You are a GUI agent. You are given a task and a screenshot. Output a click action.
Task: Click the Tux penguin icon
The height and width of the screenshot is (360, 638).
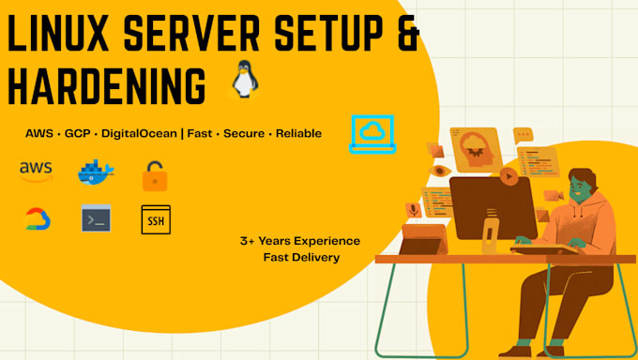[x=243, y=82]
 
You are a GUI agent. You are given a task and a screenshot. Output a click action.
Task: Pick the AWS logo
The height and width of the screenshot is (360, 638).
[x=36, y=171]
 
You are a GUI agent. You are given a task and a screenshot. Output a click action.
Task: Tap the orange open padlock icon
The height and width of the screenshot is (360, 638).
[x=154, y=174]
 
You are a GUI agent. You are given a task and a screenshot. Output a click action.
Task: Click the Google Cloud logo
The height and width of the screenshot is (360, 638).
[x=38, y=219]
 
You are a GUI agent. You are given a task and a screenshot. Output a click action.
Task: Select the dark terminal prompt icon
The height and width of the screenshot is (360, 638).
[x=96, y=218]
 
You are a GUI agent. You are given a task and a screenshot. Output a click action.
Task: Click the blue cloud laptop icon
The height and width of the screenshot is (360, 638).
[x=372, y=133]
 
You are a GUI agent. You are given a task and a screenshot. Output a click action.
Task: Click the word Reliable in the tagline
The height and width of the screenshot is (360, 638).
[x=298, y=134]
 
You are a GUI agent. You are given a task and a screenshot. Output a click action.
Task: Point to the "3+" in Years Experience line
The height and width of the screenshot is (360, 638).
[x=249, y=241]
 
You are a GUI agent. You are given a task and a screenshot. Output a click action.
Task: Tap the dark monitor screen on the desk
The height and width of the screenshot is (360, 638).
[x=493, y=203]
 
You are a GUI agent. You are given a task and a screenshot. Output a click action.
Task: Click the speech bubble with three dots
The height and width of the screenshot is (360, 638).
[x=523, y=135]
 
